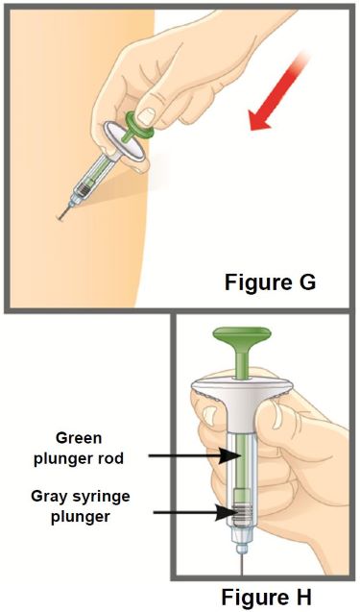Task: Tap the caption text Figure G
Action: coord(271,282)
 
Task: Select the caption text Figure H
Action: coord(267,597)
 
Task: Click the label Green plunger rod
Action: coord(79,448)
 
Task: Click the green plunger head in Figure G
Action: coord(139,123)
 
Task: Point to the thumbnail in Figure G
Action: coord(147,115)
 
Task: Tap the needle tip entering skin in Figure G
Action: coord(59,219)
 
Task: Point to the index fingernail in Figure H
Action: coord(279,413)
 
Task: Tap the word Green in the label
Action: coord(79,438)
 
